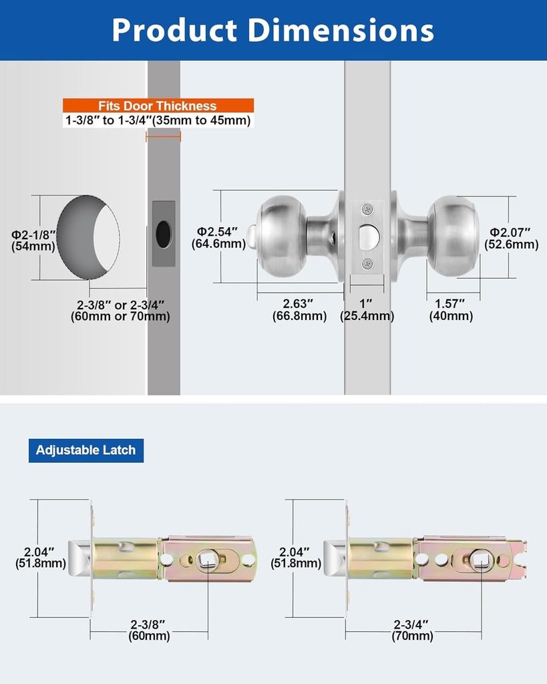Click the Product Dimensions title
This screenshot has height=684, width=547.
coord(273,30)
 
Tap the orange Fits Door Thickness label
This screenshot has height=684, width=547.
coord(158,106)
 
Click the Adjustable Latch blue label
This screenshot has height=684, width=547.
coord(85,450)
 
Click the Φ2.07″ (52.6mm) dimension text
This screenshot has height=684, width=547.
coord(513,238)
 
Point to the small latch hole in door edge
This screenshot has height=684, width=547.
coord(163,234)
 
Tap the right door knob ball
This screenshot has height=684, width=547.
coord(453,235)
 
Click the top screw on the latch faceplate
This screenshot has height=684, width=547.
coord(367,210)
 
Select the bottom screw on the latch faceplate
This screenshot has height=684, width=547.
coord(367,263)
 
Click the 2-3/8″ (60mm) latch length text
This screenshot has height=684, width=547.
coord(149,631)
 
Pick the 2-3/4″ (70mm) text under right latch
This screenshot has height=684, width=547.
coord(412,631)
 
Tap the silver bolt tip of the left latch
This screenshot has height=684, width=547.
coord(79,557)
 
